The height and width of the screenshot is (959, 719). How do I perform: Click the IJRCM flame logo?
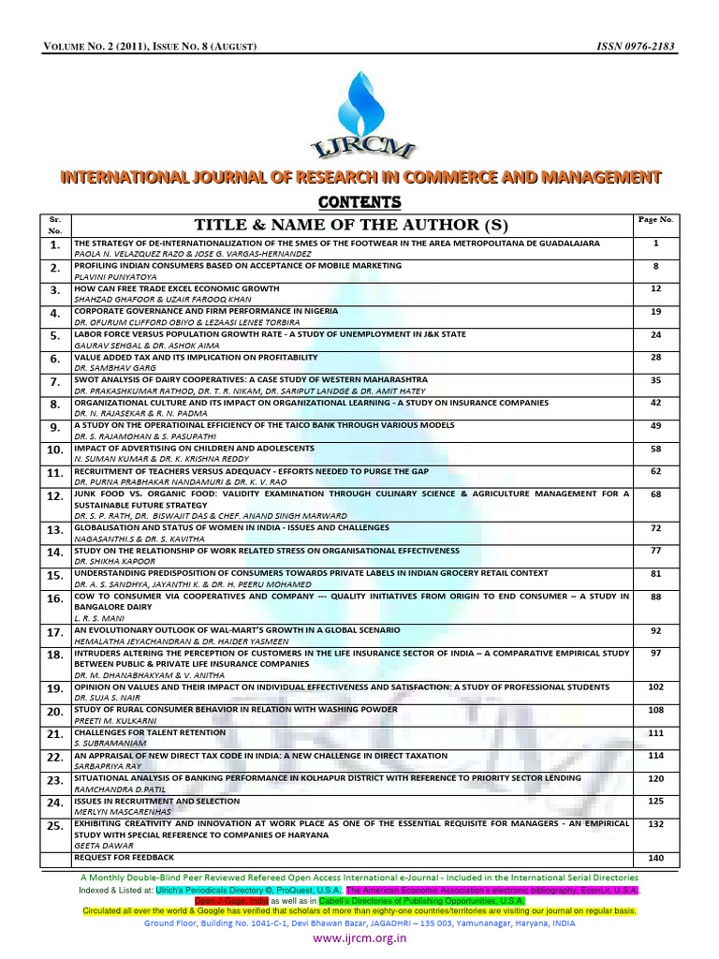(359, 111)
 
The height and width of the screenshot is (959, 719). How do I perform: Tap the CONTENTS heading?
(359, 202)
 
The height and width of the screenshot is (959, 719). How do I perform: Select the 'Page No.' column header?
(655, 219)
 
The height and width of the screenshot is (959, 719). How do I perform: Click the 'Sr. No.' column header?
(54, 224)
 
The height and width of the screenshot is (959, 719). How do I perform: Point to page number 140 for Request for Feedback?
(655, 858)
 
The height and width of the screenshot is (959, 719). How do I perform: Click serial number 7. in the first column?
(54, 382)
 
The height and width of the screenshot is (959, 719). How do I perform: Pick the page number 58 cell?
(655, 450)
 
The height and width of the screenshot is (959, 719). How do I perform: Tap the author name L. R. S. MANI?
(95, 619)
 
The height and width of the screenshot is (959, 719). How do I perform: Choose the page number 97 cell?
(655, 652)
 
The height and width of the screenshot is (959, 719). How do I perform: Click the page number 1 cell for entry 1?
(655, 243)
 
